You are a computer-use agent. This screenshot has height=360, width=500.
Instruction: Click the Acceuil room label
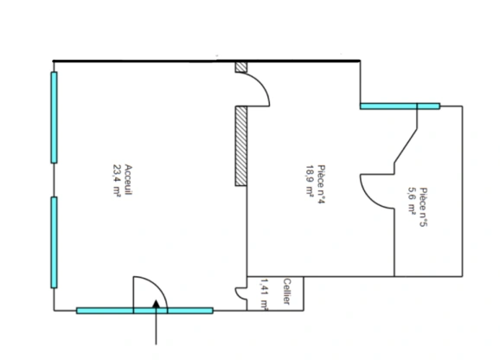(128, 180)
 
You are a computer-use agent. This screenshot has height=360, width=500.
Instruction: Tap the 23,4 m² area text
(117, 181)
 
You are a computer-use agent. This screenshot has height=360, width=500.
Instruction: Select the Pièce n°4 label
(322, 184)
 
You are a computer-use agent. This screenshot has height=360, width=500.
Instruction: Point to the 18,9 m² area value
(311, 181)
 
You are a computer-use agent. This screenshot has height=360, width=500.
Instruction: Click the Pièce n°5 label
(424, 207)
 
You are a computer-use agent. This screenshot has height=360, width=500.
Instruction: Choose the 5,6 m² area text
(412, 200)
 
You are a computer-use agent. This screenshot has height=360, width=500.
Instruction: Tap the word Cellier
(286, 292)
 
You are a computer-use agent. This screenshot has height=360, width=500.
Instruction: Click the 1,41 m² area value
(265, 294)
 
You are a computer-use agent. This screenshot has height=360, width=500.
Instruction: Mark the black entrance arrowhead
(156, 304)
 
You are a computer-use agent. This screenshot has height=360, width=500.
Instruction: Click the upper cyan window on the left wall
(54, 118)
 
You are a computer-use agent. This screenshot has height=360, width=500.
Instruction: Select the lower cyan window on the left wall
(54, 242)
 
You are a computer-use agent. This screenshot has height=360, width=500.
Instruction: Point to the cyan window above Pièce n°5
(401, 106)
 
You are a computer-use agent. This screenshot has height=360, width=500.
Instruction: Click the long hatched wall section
(240, 146)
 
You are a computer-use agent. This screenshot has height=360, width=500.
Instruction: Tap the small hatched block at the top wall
(240, 67)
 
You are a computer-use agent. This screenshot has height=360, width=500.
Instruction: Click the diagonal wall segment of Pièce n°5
(406, 146)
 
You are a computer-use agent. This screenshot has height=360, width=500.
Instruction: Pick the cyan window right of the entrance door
(190, 311)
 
